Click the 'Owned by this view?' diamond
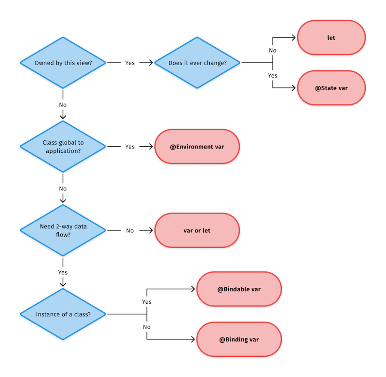click(63, 63)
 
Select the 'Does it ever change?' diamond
click(197, 63)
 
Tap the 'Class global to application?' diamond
click(63, 147)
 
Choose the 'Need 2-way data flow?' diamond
click(63, 230)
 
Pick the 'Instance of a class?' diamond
click(63, 314)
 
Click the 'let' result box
click(331, 38)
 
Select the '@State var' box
click(331, 88)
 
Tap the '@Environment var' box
click(197, 147)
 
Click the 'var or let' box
click(197, 230)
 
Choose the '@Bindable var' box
click(239, 289)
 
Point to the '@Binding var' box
click(239, 339)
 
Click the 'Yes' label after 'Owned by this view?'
click(130, 63)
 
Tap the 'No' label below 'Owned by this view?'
click(63, 105)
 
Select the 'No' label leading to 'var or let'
click(130, 230)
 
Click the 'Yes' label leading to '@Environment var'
click(130, 147)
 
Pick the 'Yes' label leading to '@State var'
click(273, 76)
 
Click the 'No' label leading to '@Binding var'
click(147, 327)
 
